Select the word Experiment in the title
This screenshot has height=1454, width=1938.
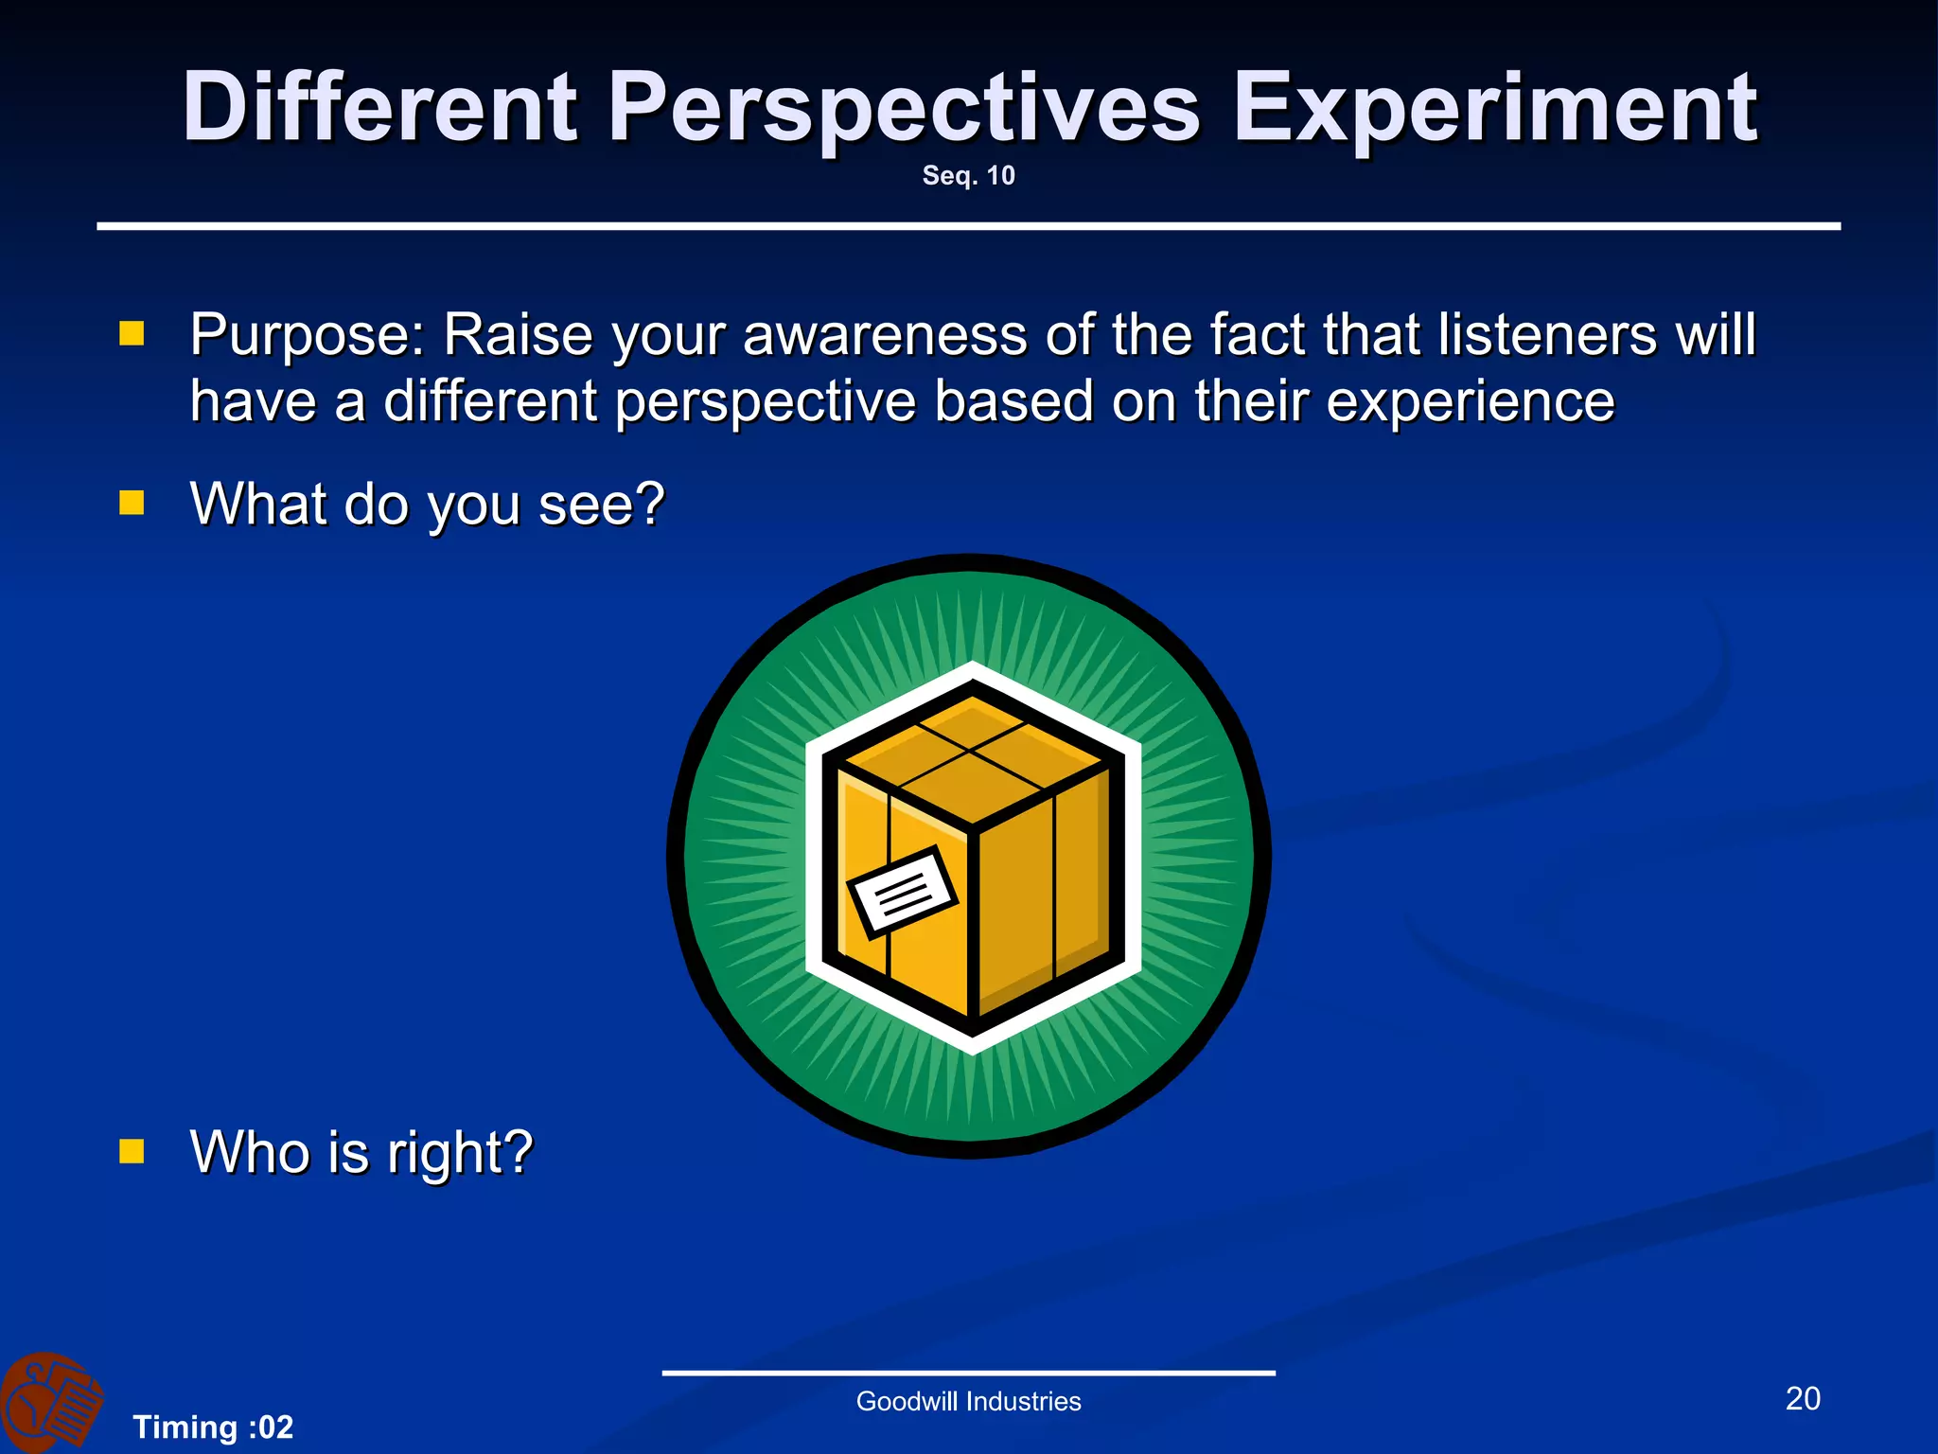[x=1495, y=109]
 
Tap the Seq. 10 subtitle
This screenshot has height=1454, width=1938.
[x=968, y=176]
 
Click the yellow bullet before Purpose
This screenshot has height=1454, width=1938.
[x=132, y=333]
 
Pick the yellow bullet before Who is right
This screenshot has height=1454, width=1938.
[x=132, y=1151]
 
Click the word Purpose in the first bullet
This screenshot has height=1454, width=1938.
[x=308, y=336]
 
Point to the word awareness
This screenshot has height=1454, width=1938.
[x=885, y=336]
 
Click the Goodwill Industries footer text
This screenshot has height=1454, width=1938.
[x=968, y=1401]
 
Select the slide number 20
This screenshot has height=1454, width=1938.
[x=1802, y=1398]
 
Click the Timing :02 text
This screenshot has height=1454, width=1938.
[x=213, y=1427]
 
